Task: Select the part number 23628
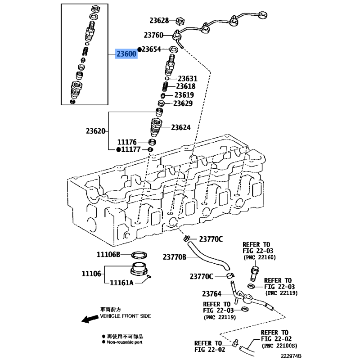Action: [x=159, y=20]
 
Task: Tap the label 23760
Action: [x=154, y=35]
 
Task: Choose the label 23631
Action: [x=187, y=78]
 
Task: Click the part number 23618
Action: [x=185, y=86]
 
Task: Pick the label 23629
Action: [x=183, y=103]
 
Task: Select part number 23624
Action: [x=180, y=127]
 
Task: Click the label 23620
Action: [x=96, y=131]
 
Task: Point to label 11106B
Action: [x=108, y=254]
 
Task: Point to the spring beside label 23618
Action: [x=165, y=85]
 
